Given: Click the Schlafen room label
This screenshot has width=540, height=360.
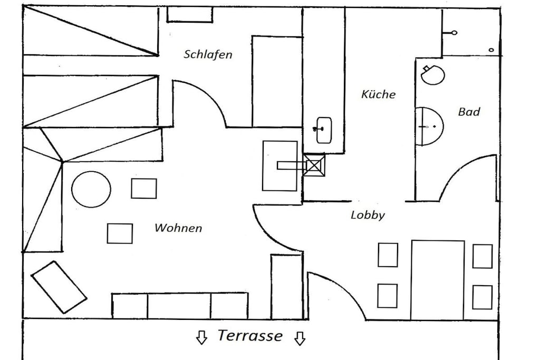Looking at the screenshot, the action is (208, 54).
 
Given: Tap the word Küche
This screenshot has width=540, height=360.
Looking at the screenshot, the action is (378, 94).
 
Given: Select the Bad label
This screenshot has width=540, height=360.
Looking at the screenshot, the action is (469, 112).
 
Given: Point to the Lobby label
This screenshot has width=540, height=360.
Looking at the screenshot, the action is (368, 215).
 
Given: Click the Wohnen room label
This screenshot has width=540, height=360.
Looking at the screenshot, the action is (178, 228).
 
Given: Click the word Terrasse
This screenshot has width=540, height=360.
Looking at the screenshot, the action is (250, 336).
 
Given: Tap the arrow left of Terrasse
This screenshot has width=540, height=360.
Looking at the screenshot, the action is (201, 338).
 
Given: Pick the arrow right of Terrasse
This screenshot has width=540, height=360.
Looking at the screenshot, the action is (300, 338).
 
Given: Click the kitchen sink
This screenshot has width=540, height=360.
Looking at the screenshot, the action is (323, 130).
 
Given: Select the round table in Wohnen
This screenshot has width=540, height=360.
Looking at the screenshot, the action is (91, 189).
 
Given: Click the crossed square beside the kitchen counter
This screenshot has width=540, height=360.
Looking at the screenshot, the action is (313, 165).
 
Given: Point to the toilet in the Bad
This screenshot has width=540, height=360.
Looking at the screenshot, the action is (432, 75).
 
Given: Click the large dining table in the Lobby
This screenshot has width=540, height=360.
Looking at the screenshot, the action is (437, 280).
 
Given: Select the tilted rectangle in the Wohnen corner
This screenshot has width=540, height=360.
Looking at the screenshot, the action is (59, 287).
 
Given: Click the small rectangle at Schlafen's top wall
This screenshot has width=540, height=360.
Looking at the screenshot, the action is (190, 15).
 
